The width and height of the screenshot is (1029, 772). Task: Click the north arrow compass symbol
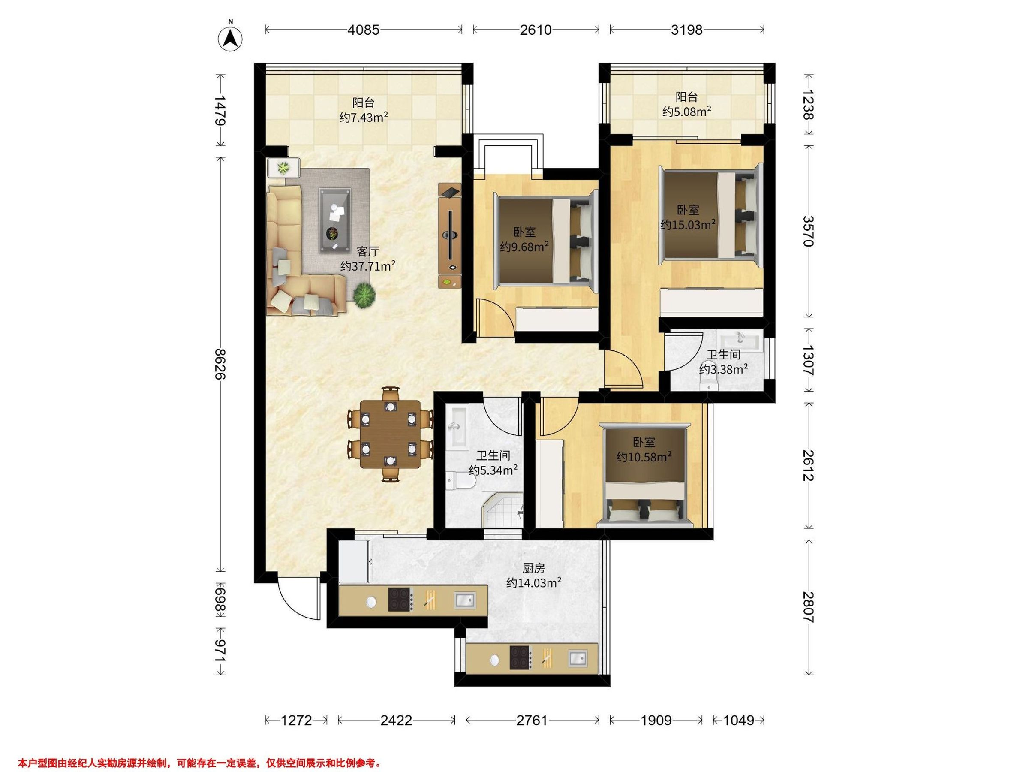230,38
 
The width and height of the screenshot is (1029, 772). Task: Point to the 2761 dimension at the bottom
532,721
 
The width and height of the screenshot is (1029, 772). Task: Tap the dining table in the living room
390,434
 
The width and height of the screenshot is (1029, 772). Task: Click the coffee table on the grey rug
335,220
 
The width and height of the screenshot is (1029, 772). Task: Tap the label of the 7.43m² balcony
363,110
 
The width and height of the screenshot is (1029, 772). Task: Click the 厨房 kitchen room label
533,568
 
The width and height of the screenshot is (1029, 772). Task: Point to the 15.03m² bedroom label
688,217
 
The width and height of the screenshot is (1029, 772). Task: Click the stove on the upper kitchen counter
401,599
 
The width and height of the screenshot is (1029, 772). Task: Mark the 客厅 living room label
367,252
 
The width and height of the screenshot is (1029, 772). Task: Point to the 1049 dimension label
739,721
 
